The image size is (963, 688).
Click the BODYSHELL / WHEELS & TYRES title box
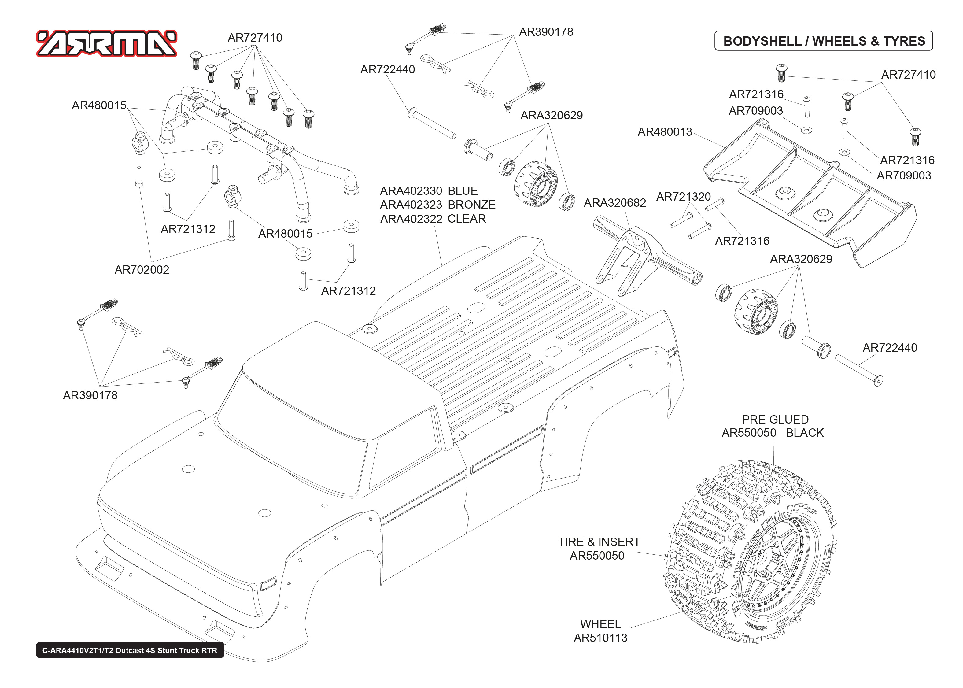point(823,41)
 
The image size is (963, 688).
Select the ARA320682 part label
point(614,203)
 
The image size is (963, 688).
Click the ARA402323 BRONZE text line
point(437,205)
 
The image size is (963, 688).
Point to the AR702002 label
point(142,270)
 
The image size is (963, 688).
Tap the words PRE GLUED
point(775,420)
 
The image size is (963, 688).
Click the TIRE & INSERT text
point(598,542)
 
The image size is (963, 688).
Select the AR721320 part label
point(683,197)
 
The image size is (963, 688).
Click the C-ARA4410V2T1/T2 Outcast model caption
point(130,650)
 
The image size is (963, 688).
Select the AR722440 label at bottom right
point(889,348)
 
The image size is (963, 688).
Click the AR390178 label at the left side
point(90,395)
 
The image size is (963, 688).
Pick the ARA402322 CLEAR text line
point(433,219)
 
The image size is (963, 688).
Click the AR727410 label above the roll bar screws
point(255,38)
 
